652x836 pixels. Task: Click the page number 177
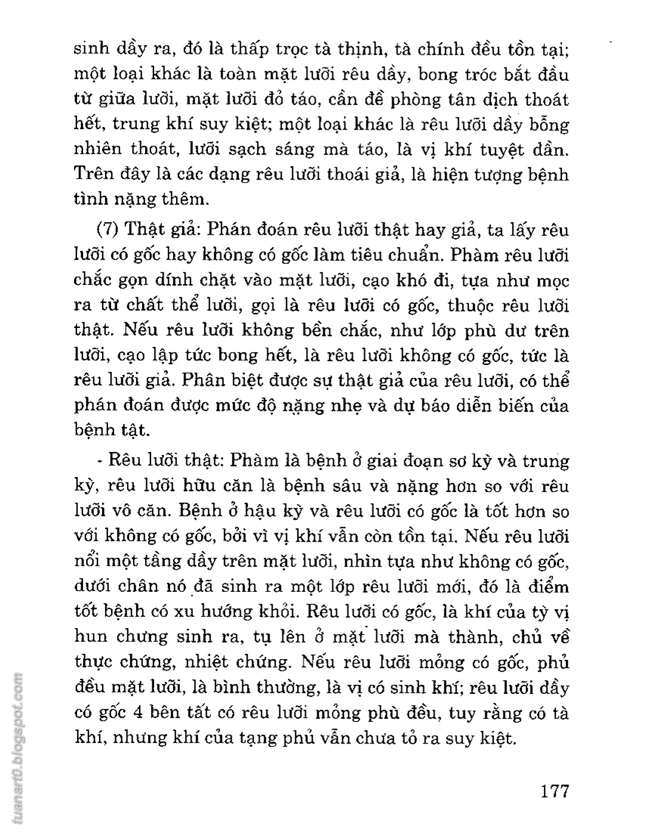553,791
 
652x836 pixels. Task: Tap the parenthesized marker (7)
109,230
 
